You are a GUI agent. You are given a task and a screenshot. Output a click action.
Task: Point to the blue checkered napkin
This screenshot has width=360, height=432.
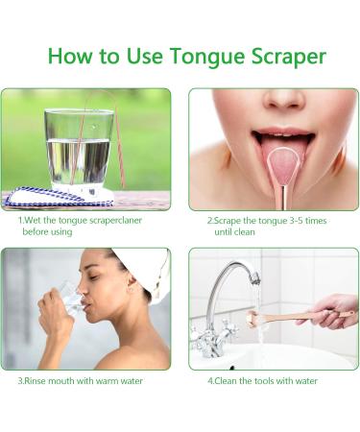(58, 200)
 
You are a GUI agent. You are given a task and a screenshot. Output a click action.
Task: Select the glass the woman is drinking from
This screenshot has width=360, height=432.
(68, 300)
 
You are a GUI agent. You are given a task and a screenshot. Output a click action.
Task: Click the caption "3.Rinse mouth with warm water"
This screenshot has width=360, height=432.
(81, 380)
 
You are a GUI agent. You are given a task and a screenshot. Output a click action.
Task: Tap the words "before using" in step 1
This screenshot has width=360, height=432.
(49, 232)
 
